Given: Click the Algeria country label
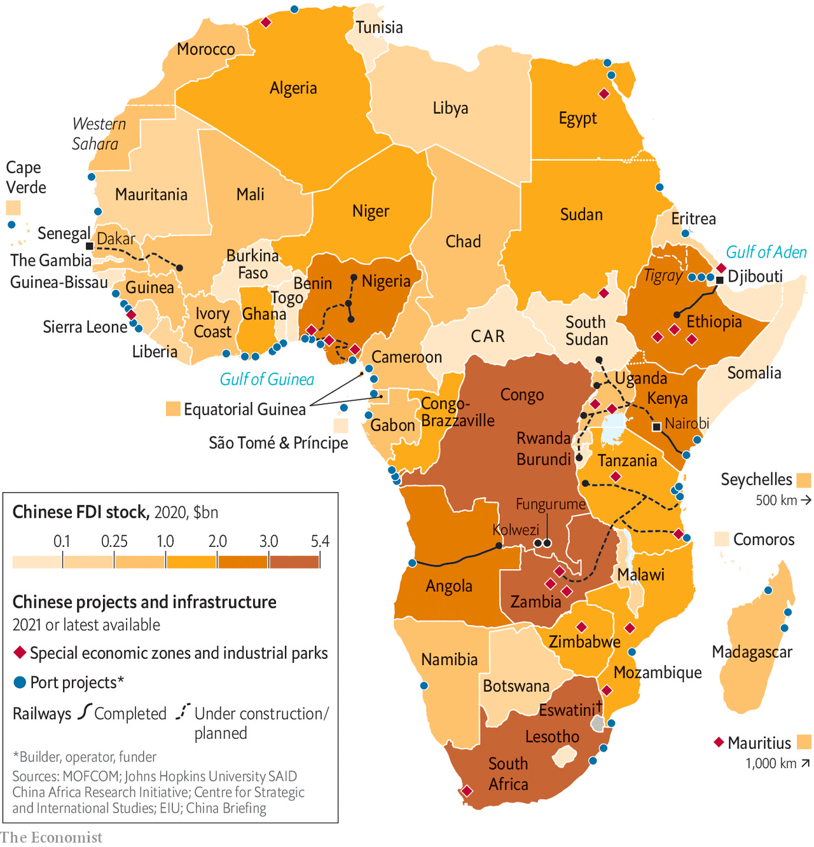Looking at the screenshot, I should pos(293,88).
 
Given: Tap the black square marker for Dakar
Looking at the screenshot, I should pos(90,246).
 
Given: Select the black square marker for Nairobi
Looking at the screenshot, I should pos(657,427).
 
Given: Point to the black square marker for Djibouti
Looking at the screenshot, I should pos(720,280).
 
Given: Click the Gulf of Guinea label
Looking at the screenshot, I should pos(266,380).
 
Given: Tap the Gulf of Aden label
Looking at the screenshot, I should pos(766,252).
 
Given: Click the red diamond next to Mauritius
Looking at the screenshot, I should pos(719,742).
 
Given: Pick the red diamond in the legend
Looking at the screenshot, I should pos(20,653).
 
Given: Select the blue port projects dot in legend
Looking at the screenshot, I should pos(20,682).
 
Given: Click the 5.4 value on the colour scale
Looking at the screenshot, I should pos(320,541).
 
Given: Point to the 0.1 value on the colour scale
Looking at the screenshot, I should pos(62,541).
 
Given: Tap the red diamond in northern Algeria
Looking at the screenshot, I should pos(266,23).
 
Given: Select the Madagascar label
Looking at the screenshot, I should pos(752,652).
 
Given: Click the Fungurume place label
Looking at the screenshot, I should pos(550,504).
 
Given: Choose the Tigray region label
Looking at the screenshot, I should pos(663,276).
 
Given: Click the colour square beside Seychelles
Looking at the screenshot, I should pos(804,480).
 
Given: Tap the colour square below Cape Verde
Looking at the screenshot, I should pos(13,208).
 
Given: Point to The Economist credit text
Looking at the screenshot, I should pos(51,837).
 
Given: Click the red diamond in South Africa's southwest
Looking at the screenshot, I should pos(467,791).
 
